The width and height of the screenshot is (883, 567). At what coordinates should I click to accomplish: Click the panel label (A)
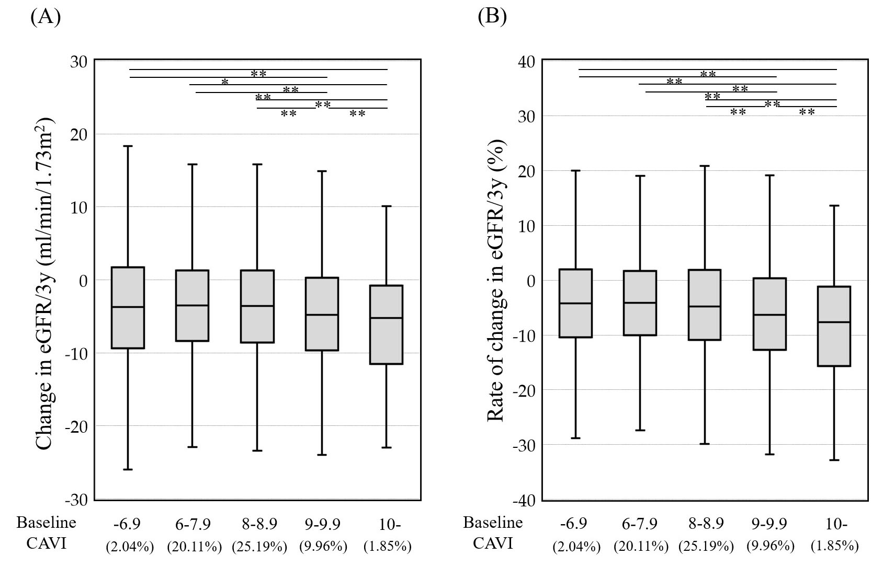point(46,17)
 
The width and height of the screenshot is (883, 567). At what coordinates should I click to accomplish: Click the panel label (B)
point(492,17)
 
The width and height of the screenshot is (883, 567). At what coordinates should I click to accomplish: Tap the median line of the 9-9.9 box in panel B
point(769,315)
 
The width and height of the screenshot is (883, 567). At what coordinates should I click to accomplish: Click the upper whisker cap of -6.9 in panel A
point(129,146)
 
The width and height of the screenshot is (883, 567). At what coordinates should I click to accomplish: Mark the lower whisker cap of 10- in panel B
point(834,460)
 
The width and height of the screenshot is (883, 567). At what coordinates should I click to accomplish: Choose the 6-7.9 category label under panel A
point(194,524)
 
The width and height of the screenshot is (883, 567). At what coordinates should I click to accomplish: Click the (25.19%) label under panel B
point(705,547)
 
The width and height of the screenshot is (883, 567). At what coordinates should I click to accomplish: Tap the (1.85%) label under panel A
point(387,547)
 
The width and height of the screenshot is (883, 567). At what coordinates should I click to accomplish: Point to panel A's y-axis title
point(45,286)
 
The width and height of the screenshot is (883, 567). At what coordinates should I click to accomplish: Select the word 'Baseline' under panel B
point(493,523)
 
